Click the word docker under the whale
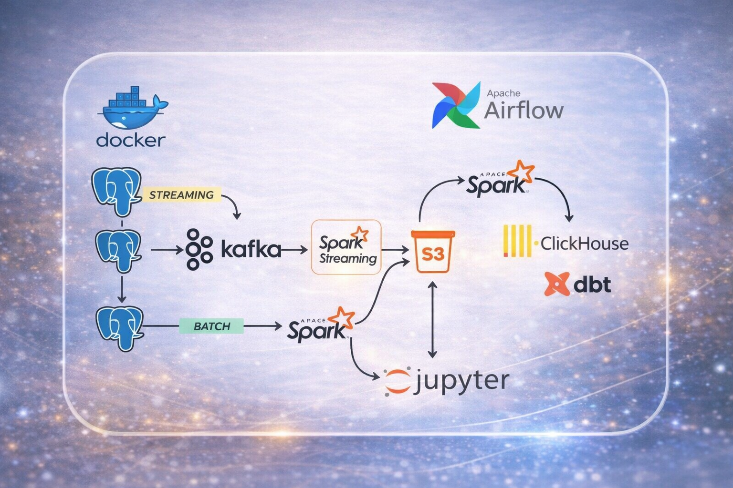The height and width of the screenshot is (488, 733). pos(131,140)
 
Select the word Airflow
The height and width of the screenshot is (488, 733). pos(524,110)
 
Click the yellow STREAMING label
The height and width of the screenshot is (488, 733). pos(181,195)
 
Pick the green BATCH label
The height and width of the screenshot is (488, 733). pos(212,326)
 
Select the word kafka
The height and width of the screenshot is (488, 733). pos(251,249)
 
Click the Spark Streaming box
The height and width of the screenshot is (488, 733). pos(346,247)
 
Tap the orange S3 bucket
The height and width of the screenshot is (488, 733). pos(433,251)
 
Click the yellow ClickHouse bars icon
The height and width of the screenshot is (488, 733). pos(517,242)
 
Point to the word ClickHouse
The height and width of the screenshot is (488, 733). pos(584,244)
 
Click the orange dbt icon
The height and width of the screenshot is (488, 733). pos(556,284)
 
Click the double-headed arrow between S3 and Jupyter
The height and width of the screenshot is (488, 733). pos(432,319)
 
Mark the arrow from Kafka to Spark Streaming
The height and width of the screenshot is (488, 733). pos(295,249)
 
